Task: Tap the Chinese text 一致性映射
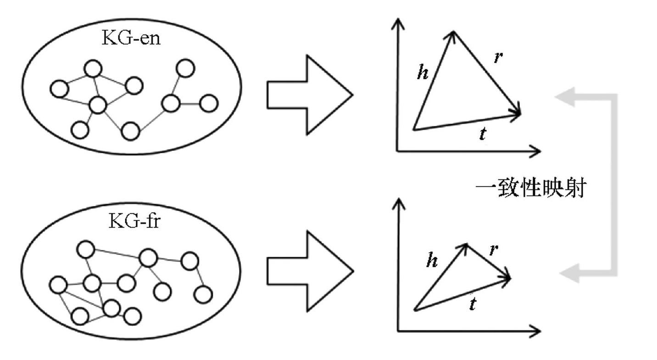click(x=531, y=188)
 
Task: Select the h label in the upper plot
click(x=423, y=72)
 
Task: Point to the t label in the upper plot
click(x=482, y=134)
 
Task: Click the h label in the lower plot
click(x=432, y=260)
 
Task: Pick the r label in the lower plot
click(x=493, y=249)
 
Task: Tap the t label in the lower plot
click(x=473, y=303)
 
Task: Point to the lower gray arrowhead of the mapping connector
click(x=569, y=273)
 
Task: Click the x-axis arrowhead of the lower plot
click(x=535, y=331)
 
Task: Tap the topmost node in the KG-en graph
click(x=185, y=68)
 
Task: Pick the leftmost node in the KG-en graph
click(x=59, y=89)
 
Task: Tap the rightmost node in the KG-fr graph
click(x=203, y=294)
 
